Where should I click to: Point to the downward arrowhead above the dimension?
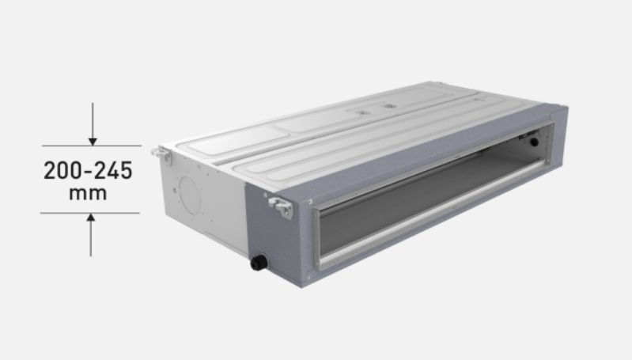pyautogui.click(x=93, y=140)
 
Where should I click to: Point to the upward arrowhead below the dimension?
pyautogui.click(x=93, y=218)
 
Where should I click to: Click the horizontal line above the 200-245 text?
pyautogui.click(x=91, y=146)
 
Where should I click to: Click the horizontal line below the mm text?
pyautogui.click(x=91, y=212)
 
